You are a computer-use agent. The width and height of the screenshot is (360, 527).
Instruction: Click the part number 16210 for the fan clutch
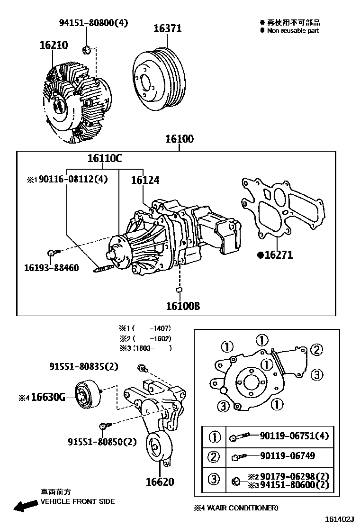point(54,45)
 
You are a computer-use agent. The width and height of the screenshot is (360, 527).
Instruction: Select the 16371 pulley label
point(167,28)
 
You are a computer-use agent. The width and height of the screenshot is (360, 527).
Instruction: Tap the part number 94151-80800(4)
point(93,23)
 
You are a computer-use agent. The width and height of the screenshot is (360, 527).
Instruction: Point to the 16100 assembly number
point(179,139)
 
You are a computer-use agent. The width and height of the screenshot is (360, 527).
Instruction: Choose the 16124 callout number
point(145,180)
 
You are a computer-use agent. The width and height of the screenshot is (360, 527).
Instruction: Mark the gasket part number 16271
point(278,255)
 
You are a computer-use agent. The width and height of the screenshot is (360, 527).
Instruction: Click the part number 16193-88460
point(51,268)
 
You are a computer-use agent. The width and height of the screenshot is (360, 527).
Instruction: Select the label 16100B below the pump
point(182,306)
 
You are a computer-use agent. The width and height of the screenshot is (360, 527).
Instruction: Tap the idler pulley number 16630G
point(48,397)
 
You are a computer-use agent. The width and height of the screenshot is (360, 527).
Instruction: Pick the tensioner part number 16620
point(160,482)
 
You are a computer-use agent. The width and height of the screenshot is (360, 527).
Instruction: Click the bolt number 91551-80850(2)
point(102,442)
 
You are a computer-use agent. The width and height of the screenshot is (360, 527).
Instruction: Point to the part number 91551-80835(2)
point(83,366)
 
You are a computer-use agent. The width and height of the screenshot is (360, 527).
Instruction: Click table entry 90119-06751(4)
point(294,436)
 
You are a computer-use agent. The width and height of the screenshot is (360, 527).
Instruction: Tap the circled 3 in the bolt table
point(214,480)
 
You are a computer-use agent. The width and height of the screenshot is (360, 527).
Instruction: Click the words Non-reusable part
point(293,30)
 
